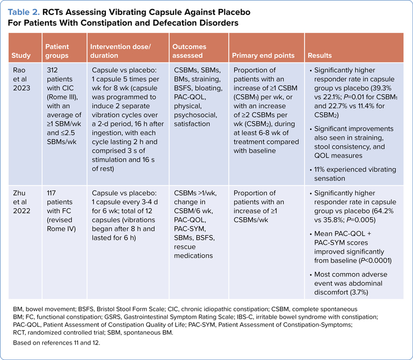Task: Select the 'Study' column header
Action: tap(22, 55)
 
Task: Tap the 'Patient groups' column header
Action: tap(58, 51)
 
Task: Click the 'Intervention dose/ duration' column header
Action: tap(119, 51)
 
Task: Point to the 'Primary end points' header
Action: tap(263, 55)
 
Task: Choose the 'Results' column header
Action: tap(319, 55)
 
